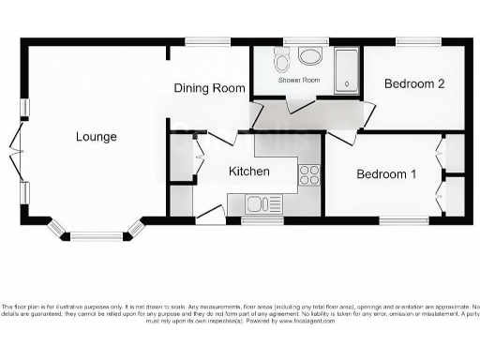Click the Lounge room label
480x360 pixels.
97,137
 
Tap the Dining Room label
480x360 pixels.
211,88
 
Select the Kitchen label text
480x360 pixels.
249,172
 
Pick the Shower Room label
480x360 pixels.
299,80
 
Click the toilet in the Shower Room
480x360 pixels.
281,62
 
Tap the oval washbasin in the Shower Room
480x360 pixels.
309,56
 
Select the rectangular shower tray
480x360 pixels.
347,69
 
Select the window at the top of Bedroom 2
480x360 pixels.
416,41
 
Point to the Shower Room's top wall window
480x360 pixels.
299,41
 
